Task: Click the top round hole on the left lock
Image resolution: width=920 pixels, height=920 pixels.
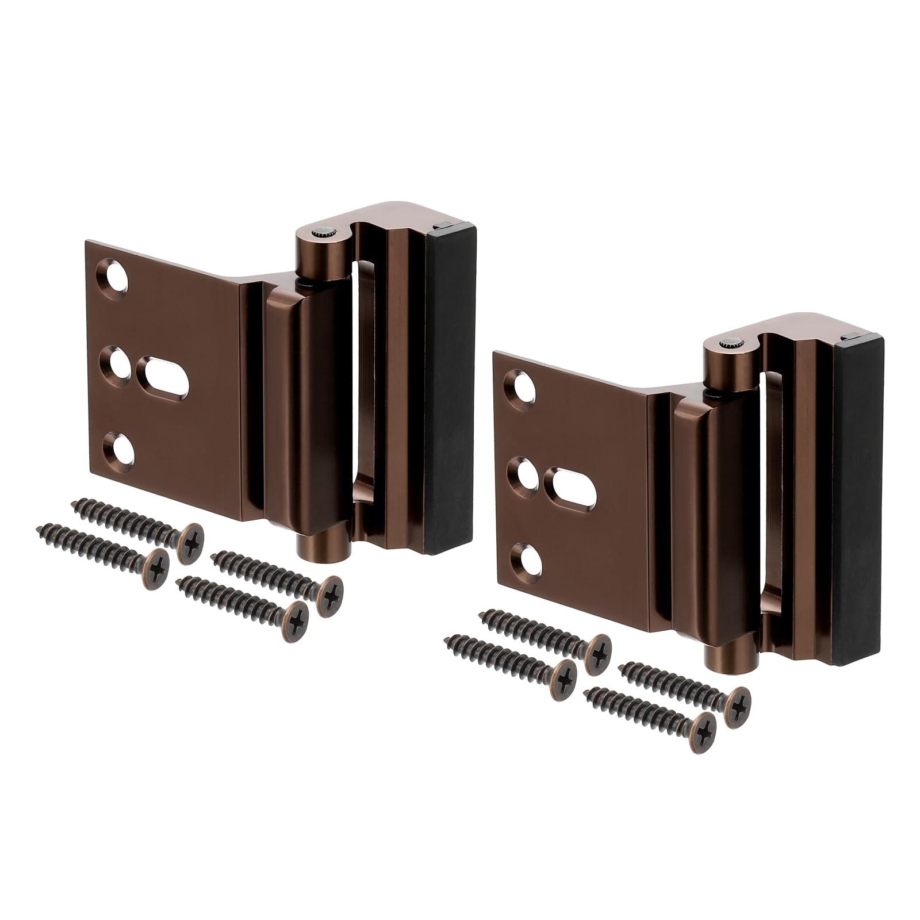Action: (x=117, y=275)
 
